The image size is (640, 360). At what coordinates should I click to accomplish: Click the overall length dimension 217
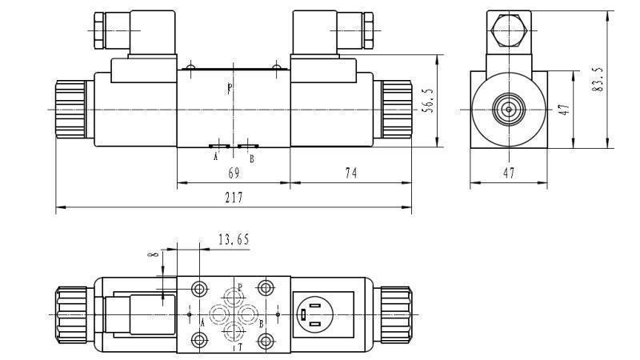tap(234, 198)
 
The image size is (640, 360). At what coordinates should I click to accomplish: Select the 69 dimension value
tap(234, 173)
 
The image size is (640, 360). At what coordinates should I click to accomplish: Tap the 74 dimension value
tap(350, 173)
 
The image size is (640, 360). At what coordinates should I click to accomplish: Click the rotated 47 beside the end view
tap(563, 110)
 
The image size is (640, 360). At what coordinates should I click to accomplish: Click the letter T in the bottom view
tap(239, 347)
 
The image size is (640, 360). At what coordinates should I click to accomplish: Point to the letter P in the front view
tap(230, 89)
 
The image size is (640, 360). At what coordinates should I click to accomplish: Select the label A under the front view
tap(215, 158)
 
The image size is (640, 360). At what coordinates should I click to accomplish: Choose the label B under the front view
tap(251, 158)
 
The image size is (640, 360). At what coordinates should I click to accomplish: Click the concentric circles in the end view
tap(508, 109)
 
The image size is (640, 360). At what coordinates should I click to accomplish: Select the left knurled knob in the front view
tap(70, 109)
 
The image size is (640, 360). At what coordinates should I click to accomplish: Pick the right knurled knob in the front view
tap(394, 109)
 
